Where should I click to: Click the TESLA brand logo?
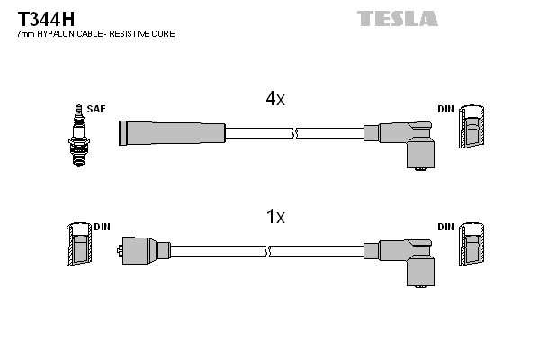tap(397, 18)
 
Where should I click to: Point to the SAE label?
tap(96, 109)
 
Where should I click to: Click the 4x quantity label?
tap(275, 100)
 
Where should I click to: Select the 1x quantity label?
tap(275, 216)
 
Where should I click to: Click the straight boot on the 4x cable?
tap(171, 132)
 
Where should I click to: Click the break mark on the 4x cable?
tap(294, 132)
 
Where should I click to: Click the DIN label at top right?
tap(445, 109)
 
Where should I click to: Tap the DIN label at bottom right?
tap(445, 226)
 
